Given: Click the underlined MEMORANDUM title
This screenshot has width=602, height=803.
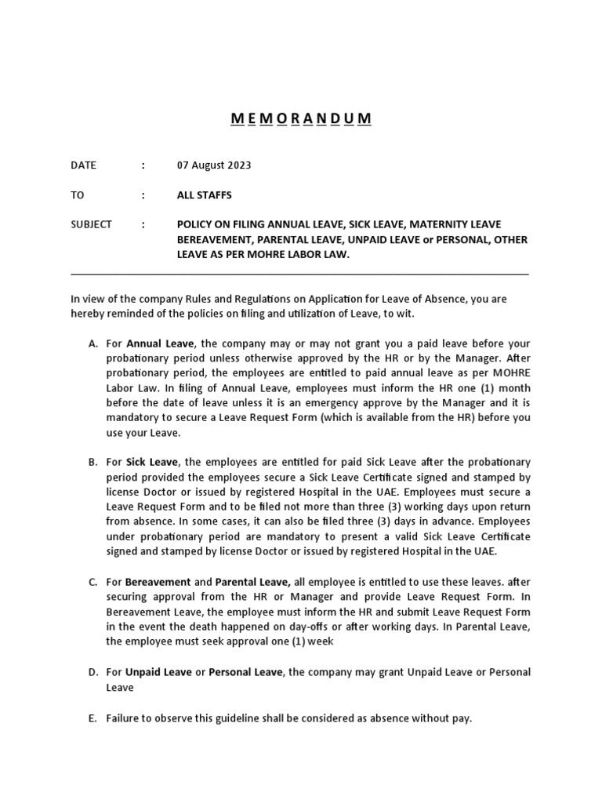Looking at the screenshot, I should point(301,118).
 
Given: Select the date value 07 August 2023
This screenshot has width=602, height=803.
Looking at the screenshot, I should point(214,165).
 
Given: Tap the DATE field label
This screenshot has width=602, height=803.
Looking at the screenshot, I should point(83,165).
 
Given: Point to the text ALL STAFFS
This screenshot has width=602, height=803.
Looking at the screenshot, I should point(205,194).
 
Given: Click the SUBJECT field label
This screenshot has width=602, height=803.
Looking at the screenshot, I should point(91,224).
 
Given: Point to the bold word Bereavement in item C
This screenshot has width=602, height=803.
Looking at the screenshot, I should point(158,582).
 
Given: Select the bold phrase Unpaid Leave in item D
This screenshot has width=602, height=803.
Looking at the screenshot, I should point(159,673).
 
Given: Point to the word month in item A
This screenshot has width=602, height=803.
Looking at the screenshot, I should point(514,389).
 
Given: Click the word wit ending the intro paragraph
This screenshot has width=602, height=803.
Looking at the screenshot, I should point(400,313).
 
